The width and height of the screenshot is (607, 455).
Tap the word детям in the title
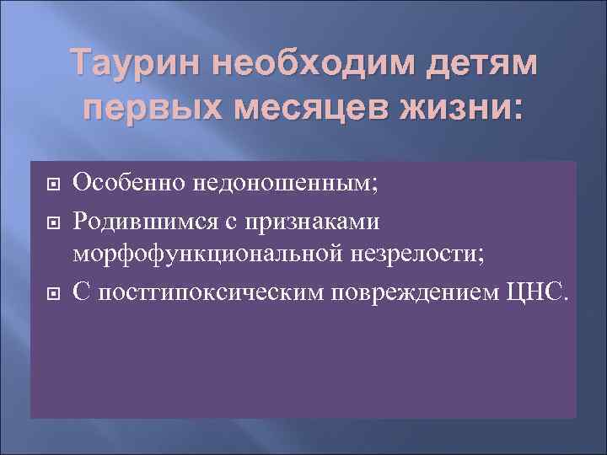click(x=481, y=65)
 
